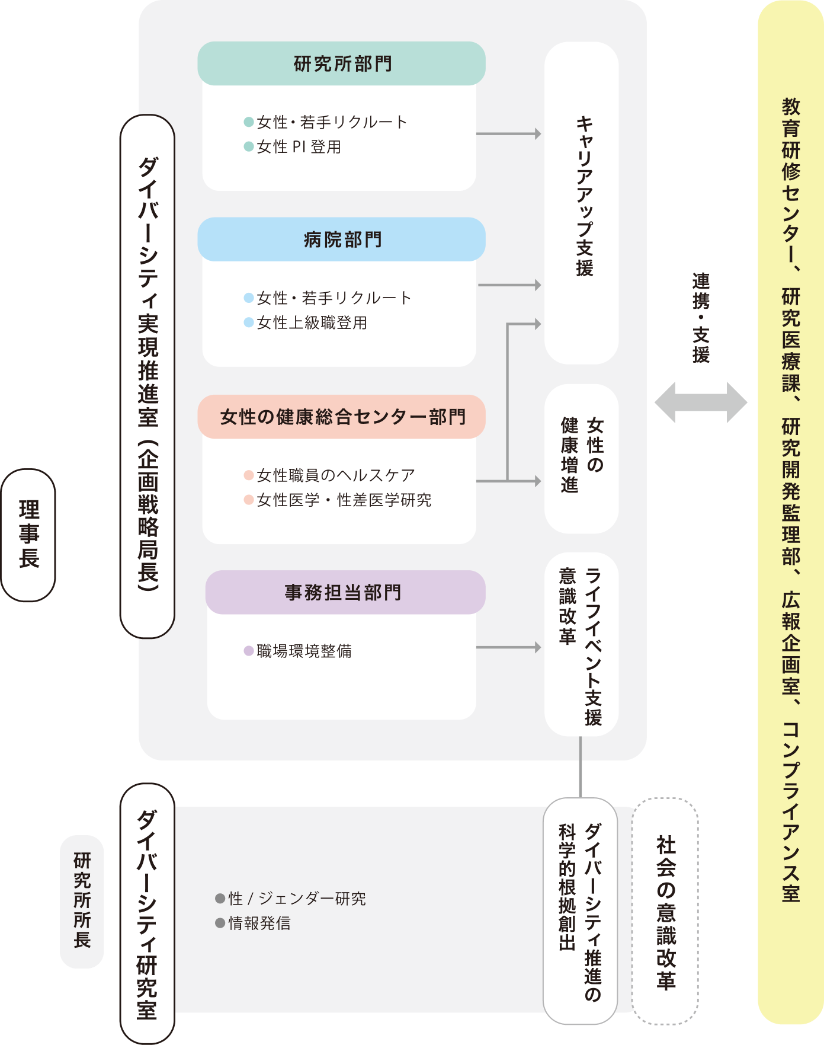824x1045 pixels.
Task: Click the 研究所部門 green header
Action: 341,63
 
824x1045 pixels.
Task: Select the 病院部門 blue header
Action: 341,239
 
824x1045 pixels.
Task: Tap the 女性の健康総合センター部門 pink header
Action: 341,417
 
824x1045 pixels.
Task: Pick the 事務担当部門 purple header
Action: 345,592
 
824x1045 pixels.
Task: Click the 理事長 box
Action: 28,535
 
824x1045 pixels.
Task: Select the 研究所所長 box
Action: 82,901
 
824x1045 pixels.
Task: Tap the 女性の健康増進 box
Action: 582,458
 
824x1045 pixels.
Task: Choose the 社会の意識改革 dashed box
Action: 665,911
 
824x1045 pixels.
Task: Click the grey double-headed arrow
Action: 700,402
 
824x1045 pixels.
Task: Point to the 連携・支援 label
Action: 701,317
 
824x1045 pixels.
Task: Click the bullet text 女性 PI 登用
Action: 299,147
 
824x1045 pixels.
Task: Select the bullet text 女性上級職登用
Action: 312,323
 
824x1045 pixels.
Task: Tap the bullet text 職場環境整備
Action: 304,651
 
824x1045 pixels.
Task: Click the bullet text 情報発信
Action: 259,923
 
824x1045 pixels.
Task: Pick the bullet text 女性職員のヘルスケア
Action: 335,475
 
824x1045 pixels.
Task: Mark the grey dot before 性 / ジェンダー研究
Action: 220,899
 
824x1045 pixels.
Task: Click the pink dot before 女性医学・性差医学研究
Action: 249,500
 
